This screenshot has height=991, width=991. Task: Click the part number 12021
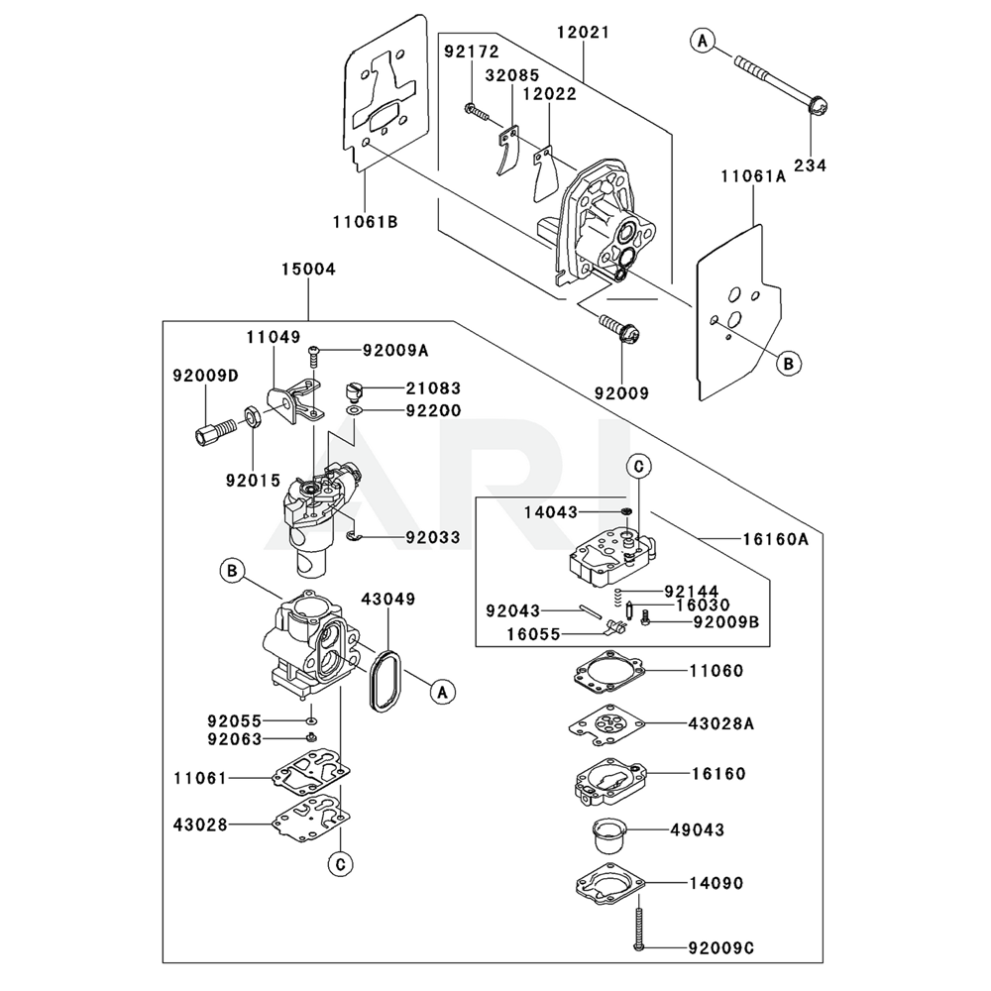click(583, 33)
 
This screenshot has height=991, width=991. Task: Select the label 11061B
click(365, 221)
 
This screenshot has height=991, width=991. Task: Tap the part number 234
click(810, 165)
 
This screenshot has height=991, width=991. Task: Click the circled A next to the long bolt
click(703, 41)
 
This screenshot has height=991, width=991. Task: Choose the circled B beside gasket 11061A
click(789, 363)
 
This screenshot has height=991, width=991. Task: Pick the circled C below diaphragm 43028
click(340, 864)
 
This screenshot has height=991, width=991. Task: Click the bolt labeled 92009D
click(211, 433)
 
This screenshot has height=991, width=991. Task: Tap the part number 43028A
click(721, 723)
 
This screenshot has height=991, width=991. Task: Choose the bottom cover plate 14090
click(607, 882)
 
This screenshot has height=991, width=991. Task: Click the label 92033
click(433, 538)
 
